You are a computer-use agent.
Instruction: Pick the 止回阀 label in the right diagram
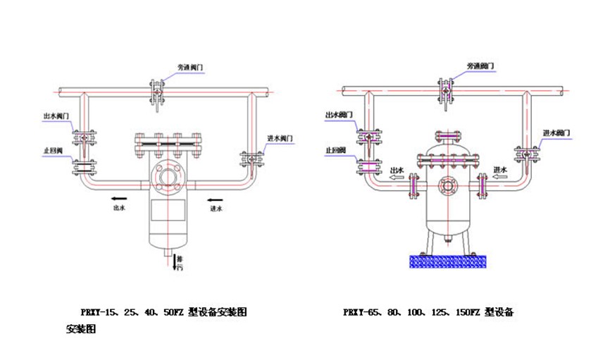tap(335, 149)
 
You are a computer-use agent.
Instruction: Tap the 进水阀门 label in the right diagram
tap(556, 132)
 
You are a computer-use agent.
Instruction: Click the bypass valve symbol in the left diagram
tap(156, 92)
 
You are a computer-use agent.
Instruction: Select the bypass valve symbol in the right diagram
tap(445, 92)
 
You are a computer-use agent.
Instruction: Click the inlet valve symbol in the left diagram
tap(249, 160)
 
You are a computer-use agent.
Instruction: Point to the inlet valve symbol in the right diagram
tap(525, 154)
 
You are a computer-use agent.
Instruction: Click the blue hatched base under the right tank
tap(446, 261)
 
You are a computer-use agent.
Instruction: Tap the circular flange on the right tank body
tap(445, 186)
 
